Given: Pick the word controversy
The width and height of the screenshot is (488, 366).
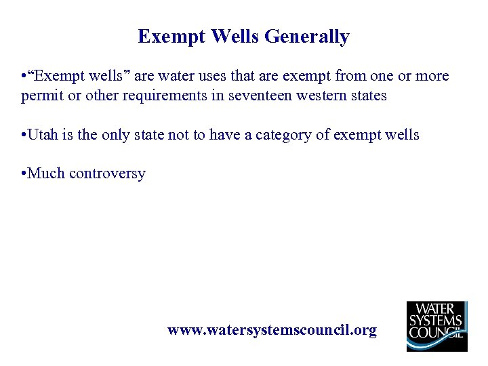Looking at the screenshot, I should click(x=107, y=174).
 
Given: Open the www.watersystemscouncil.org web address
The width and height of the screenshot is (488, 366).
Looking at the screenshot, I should click(x=272, y=330).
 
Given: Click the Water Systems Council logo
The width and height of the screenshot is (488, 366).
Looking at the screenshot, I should click(x=436, y=326).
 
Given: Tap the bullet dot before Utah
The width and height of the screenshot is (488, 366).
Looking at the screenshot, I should click(x=24, y=135).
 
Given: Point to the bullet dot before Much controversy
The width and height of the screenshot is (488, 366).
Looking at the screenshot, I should click(x=24, y=174).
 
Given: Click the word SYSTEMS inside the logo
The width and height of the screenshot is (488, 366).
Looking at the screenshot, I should click(x=436, y=321).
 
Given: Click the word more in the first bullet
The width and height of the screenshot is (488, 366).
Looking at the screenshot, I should click(x=432, y=76).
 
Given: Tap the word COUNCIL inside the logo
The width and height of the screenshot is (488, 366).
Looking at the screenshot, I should click(x=436, y=333).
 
